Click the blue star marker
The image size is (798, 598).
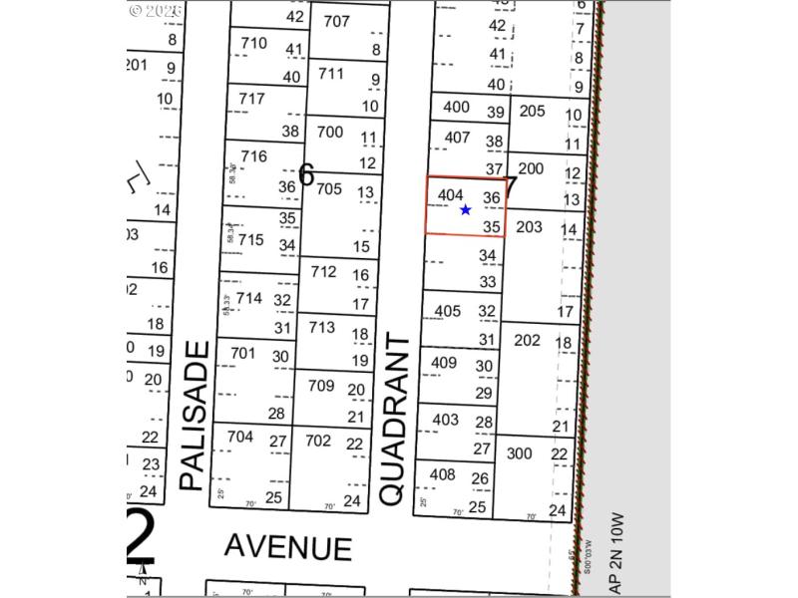pos(466,210)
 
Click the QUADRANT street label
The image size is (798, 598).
pos(394,419)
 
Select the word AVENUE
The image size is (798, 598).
pos(287,546)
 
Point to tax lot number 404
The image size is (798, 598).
pos(451,195)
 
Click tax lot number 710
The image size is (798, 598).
pos(254,43)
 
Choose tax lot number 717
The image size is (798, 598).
pos(251,99)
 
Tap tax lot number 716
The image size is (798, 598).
pos(254,156)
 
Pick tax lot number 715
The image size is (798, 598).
pos(250,239)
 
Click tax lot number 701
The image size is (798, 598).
pos(242,353)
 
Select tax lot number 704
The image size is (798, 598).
pos(240,436)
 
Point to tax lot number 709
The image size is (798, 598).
pos(321,385)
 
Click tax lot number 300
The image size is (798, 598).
pos(520,452)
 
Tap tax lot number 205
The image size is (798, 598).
pos(533,111)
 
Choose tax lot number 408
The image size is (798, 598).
pos(442,474)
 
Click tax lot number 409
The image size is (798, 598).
pos(443,362)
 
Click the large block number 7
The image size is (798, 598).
pos(511,186)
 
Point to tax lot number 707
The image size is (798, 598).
pos(337,21)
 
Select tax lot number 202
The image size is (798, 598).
pos(527,340)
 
